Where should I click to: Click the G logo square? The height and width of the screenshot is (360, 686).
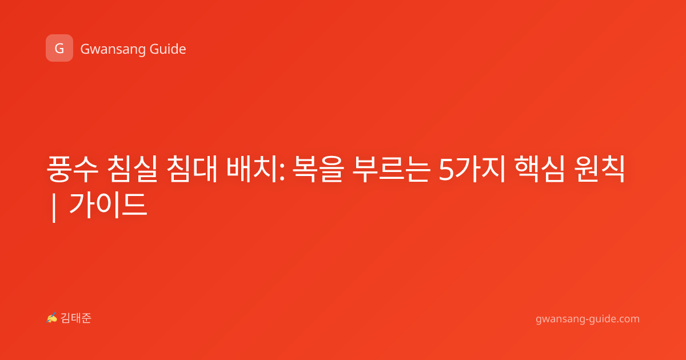[x=59, y=48]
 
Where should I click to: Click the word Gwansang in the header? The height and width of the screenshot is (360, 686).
[x=113, y=50]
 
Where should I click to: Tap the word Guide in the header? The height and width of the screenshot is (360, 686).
[x=167, y=49]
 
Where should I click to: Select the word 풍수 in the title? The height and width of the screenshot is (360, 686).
[x=73, y=169]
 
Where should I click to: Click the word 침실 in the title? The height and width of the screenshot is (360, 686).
[x=132, y=169]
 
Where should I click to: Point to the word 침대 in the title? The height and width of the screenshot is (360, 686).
[x=192, y=169]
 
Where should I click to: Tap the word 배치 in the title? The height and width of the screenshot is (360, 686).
[x=252, y=169]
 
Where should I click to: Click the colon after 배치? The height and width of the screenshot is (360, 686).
[x=281, y=172]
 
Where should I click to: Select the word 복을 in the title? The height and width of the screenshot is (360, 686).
[x=318, y=169]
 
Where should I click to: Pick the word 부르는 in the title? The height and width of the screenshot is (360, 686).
[x=391, y=169]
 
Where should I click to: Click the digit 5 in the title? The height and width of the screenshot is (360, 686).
[x=446, y=170]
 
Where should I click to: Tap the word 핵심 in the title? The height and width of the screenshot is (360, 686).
[x=539, y=169]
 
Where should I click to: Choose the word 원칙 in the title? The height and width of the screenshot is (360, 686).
[x=599, y=169]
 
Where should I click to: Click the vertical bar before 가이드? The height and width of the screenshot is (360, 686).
[x=54, y=207]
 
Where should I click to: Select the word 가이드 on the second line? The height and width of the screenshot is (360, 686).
[x=109, y=205]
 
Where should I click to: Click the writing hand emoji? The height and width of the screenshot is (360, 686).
[x=52, y=318]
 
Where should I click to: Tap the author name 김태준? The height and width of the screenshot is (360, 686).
[x=76, y=318]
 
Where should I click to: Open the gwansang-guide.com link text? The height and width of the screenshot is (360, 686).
[x=588, y=319]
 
